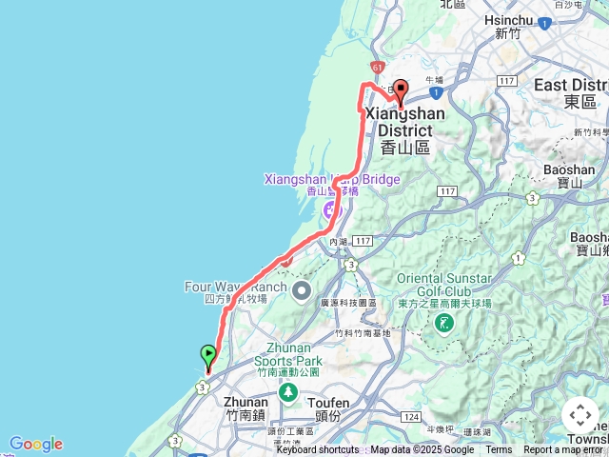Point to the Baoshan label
(x=568, y=176)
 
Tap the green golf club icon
(x=443, y=325)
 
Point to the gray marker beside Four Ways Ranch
(x=302, y=289)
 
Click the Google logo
(x=36, y=444)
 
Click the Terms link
(x=498, y=450)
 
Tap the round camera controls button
(x=580, y=415)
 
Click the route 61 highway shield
(x=378, y=68)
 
